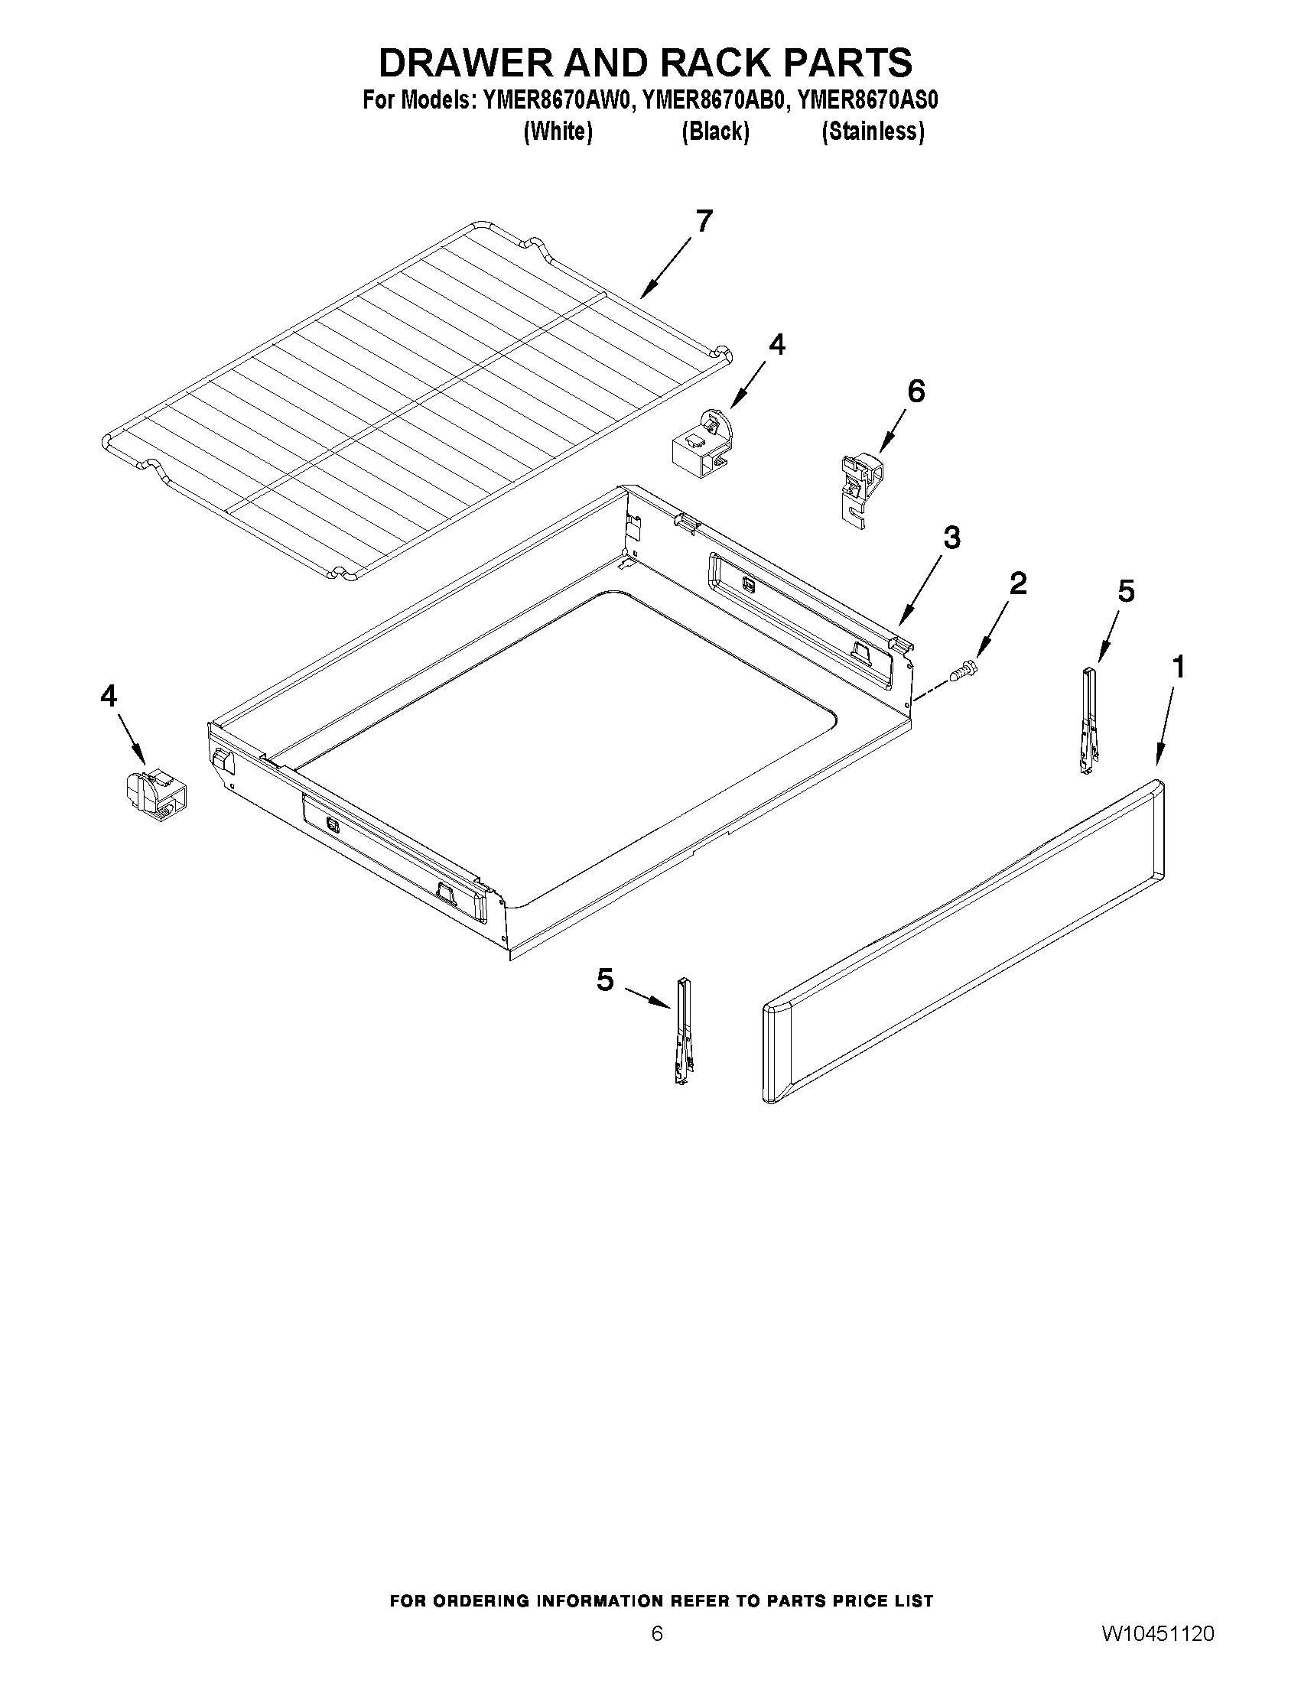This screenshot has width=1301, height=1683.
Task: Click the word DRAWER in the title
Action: coord(465,63)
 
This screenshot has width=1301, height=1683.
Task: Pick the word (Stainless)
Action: coord(873,132)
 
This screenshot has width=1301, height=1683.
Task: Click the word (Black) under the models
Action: coord(715,132)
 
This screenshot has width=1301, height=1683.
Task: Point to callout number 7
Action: coord(704,221)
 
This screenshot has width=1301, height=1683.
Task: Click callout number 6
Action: coord(916,392)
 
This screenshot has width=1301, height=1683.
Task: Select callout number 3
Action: coord(952,538)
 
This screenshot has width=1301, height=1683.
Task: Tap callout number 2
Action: coord(1018,583)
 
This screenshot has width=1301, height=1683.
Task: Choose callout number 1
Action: coord(1178,668)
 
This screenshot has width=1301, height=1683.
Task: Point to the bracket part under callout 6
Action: coord(860,489)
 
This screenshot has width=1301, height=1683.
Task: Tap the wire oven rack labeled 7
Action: coord(416,401)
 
